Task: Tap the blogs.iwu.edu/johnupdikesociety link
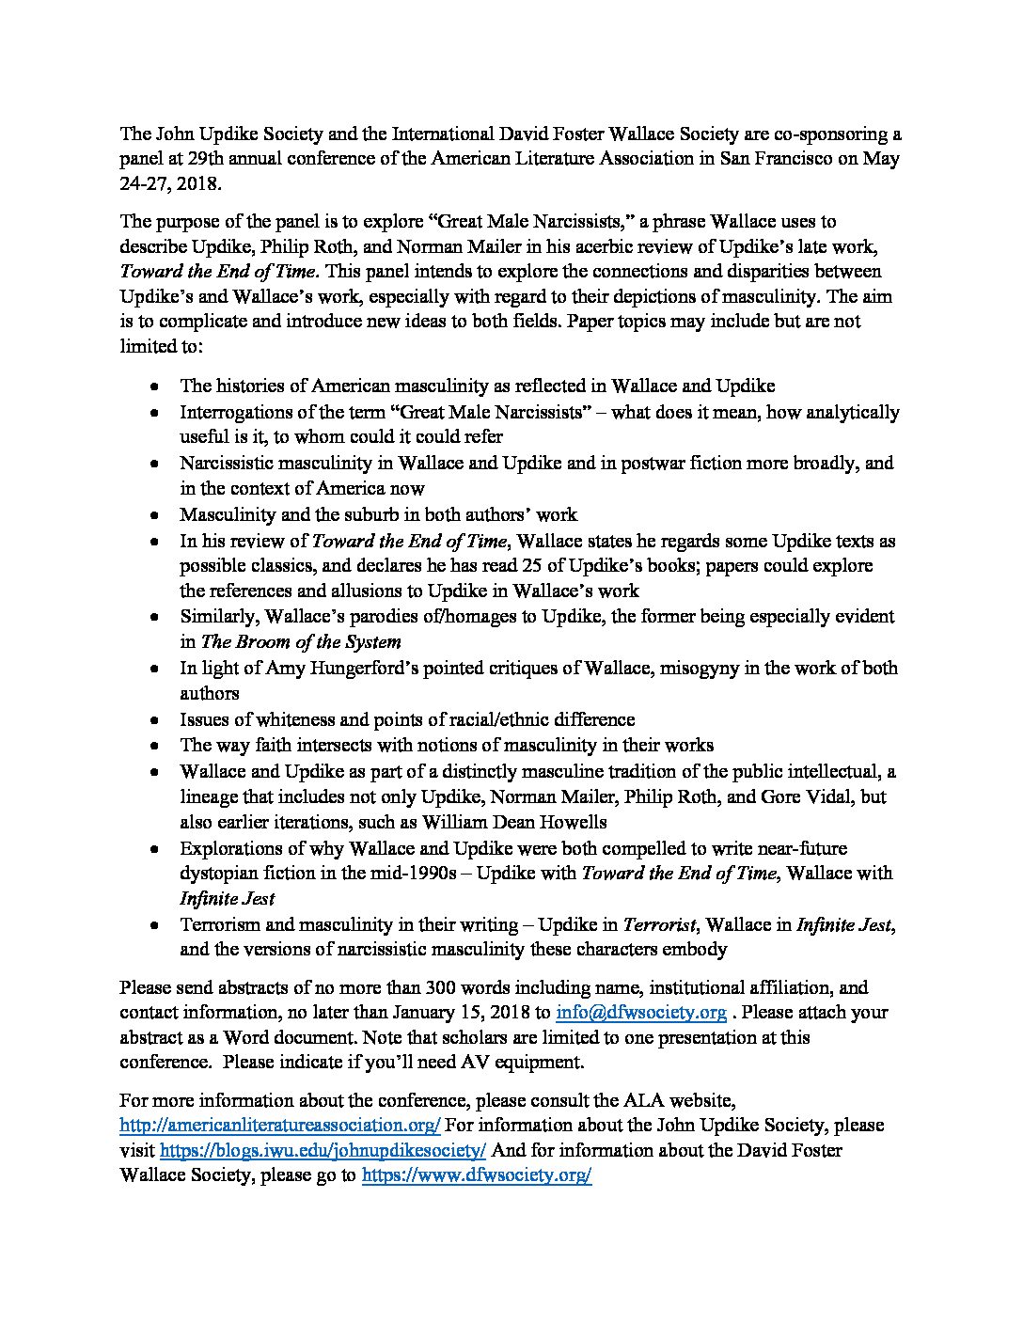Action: [x=323, y=1150]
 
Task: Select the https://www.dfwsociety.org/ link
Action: [x=476, y=1175]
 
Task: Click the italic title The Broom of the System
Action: [x=301, y=642]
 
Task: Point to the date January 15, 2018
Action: [x=462, y=1013]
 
